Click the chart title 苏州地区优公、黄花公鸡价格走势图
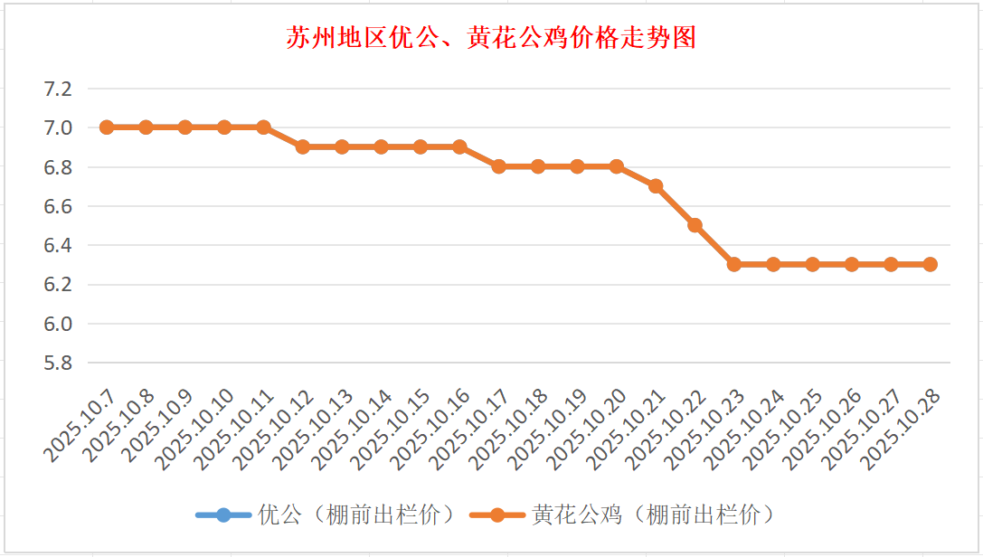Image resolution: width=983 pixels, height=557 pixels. [491, 38]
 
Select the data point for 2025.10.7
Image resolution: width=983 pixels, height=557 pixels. [107, 127]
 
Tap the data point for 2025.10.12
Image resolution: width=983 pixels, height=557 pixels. [303, 146]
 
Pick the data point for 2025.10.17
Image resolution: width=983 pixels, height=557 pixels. [499, 166]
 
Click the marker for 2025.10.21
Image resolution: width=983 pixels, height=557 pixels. [656, 186]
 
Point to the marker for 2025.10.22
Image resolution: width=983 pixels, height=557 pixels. [695, 225]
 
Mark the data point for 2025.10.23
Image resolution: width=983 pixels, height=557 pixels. [734, 264]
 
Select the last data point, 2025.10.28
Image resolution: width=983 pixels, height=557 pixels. [931, 264]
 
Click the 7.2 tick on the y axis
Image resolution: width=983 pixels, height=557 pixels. [57, 89]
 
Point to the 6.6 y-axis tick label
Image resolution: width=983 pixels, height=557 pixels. [57, 206]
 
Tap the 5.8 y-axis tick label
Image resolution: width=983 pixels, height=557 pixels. [57, 363]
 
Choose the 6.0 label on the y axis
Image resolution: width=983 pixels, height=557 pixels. [57, 324]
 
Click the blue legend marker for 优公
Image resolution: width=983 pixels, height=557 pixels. [223, 515]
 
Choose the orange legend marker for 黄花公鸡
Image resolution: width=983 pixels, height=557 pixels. [496, 515]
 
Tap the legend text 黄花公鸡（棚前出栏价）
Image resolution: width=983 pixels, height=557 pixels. [653, 515]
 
